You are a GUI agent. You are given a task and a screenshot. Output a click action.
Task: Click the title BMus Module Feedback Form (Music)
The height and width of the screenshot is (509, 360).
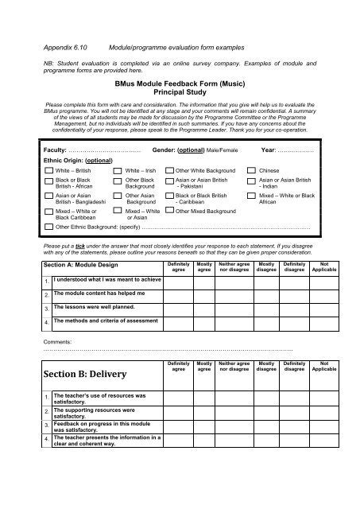[x=179, y=82]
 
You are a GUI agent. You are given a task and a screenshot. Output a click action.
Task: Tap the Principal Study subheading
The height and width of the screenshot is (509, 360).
[x=179, y=91]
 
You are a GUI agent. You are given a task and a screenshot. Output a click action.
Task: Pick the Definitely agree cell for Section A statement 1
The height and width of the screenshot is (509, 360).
[x=179, y=282]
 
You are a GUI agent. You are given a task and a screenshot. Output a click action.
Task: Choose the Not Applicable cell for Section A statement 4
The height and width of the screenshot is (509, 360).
[x=323, y=322]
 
